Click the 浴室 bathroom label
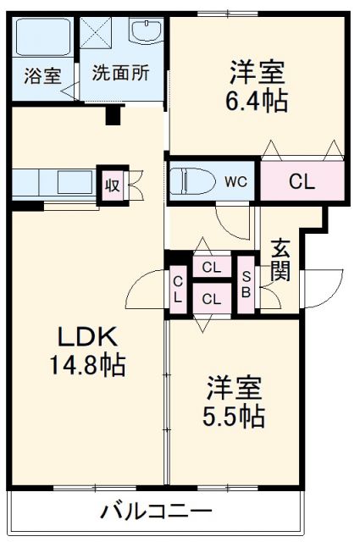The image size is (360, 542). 43,75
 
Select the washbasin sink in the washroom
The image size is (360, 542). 146,30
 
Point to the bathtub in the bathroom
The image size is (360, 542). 43,37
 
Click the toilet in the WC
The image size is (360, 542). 192,181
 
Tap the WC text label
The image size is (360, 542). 235,181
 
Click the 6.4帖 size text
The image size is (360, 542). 257,101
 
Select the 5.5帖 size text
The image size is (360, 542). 234,416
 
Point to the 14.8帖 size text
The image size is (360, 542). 87,365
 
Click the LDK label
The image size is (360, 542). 87,337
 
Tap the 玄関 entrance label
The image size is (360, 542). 280,260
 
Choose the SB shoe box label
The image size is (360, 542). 246,285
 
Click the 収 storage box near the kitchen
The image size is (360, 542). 113,185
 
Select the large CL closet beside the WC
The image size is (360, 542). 302,180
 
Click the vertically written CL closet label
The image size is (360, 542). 178,290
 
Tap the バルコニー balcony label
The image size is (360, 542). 156,512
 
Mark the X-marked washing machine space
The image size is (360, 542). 96,32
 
